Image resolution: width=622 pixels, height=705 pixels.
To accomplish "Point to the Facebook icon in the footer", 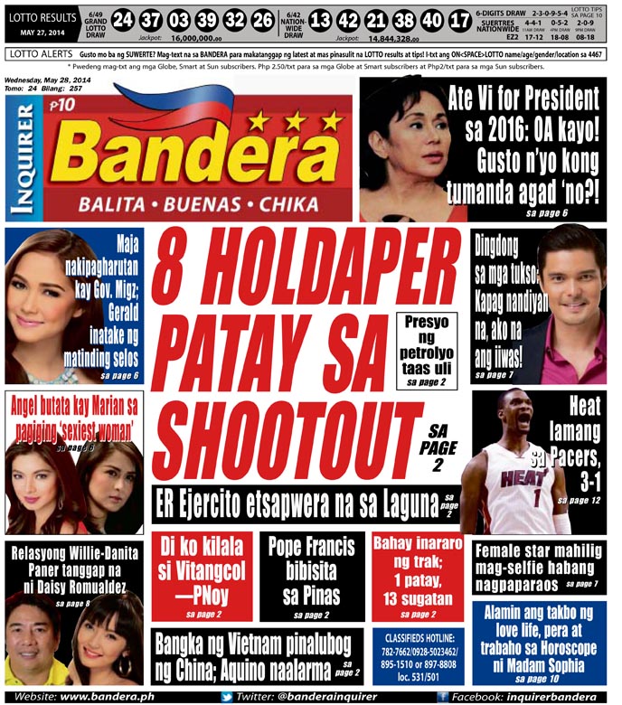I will coord(442,697).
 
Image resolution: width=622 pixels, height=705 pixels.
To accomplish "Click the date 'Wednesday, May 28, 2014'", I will coord(53,79).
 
